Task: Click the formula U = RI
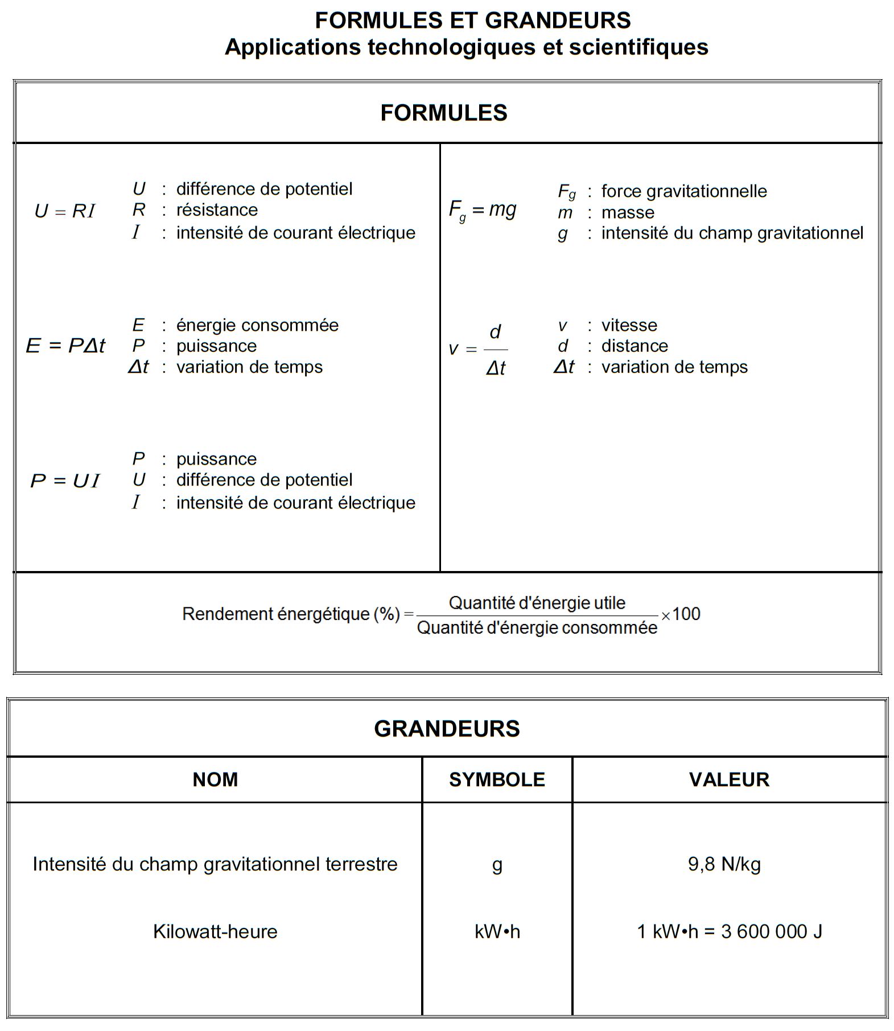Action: click(x=65, y=211)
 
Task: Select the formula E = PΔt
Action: click(x=65, y=346)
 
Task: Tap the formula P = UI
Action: click(x=65, y=481)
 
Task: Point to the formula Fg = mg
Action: click(x=483, y=210)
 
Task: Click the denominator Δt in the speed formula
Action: click(x=496, y=368)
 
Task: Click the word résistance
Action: click(x=217, y=210)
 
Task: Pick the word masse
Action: click(x=628, y=212)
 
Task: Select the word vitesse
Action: click(x=629, y=325)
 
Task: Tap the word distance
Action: click(x=635, y=346)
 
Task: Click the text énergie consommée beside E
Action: click(x=257, y=325)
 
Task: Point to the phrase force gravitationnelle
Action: click(x=684, y=191)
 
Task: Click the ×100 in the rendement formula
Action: click(x=681, y=614)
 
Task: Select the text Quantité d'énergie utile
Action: click(x=537, y=603)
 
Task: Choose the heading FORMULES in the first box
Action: click(x=444, y=113)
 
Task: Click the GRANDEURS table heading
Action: click(x=447, y=729)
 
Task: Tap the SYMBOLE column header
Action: click(x=497, y=779)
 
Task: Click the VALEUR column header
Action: click(x=729, y=779)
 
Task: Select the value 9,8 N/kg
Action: click(x=724, y=864)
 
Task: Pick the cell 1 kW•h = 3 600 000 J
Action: click(x=730, y=931)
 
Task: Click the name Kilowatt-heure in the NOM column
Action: click(x=215, y=931)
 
